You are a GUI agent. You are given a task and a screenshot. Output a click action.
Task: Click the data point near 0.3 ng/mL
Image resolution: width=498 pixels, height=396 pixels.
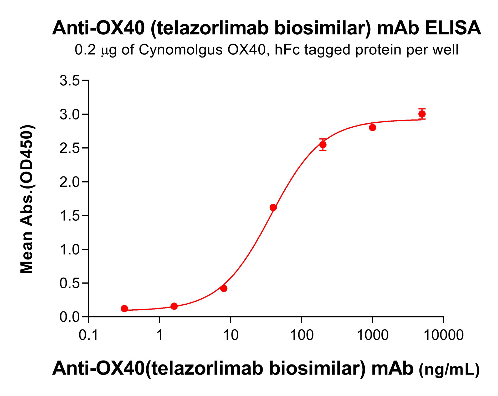coord(125,309)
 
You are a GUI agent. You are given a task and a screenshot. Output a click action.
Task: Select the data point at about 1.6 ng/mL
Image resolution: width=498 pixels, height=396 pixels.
coord(174,306)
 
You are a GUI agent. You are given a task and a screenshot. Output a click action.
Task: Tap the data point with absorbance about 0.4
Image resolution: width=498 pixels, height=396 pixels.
coord(224,289)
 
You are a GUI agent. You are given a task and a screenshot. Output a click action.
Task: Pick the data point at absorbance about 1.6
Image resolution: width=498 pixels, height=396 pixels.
coord(273,207)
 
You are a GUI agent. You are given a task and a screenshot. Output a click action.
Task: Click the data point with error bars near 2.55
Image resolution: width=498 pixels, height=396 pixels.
coord(323,145)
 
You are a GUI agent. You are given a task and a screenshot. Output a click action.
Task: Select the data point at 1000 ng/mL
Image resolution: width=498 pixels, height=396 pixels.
coord(372,128)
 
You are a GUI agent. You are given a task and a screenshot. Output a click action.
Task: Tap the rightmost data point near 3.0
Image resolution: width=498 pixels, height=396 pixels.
coord(422,114)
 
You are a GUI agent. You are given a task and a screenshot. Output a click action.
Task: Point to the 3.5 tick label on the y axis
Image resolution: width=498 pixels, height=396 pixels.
coord(69,81)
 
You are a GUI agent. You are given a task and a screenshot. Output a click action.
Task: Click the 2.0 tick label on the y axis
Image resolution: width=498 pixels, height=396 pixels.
coord(69,182)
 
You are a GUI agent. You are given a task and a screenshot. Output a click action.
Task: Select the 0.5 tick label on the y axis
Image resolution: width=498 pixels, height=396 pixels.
coord(69,283)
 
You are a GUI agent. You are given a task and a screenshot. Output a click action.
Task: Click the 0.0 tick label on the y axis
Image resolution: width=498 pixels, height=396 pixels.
coord(69,317)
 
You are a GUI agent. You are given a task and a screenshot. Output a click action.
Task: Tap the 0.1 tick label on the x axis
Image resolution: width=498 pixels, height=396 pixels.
coord(89,335)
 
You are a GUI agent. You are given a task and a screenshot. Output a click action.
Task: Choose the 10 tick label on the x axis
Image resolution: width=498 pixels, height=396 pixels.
coord(230,335)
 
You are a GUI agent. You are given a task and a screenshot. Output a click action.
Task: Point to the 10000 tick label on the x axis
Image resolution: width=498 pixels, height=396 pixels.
coord(444,335)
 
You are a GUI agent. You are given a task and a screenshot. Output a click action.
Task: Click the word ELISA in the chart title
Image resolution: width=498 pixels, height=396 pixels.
coord(453,28)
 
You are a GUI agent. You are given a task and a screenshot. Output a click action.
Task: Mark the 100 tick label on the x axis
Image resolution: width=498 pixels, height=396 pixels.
coord(301,335)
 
